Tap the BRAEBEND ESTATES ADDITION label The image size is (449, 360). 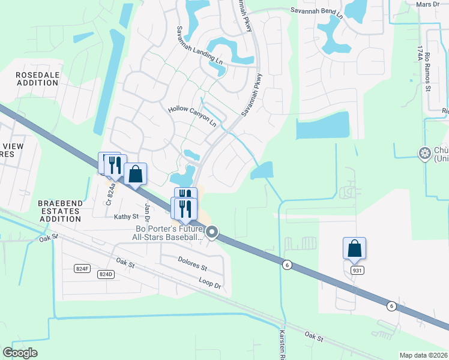[59, 211]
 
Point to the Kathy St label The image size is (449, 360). [127, 216]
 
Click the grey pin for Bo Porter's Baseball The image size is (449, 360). [212, 232]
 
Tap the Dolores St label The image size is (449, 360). [192, 263]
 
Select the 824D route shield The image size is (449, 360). [106, 274]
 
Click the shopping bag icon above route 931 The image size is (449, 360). [354, 248]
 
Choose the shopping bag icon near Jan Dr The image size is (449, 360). [136, 174]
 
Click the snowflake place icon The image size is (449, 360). [425, 154]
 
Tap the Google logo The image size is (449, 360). [20, 353]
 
